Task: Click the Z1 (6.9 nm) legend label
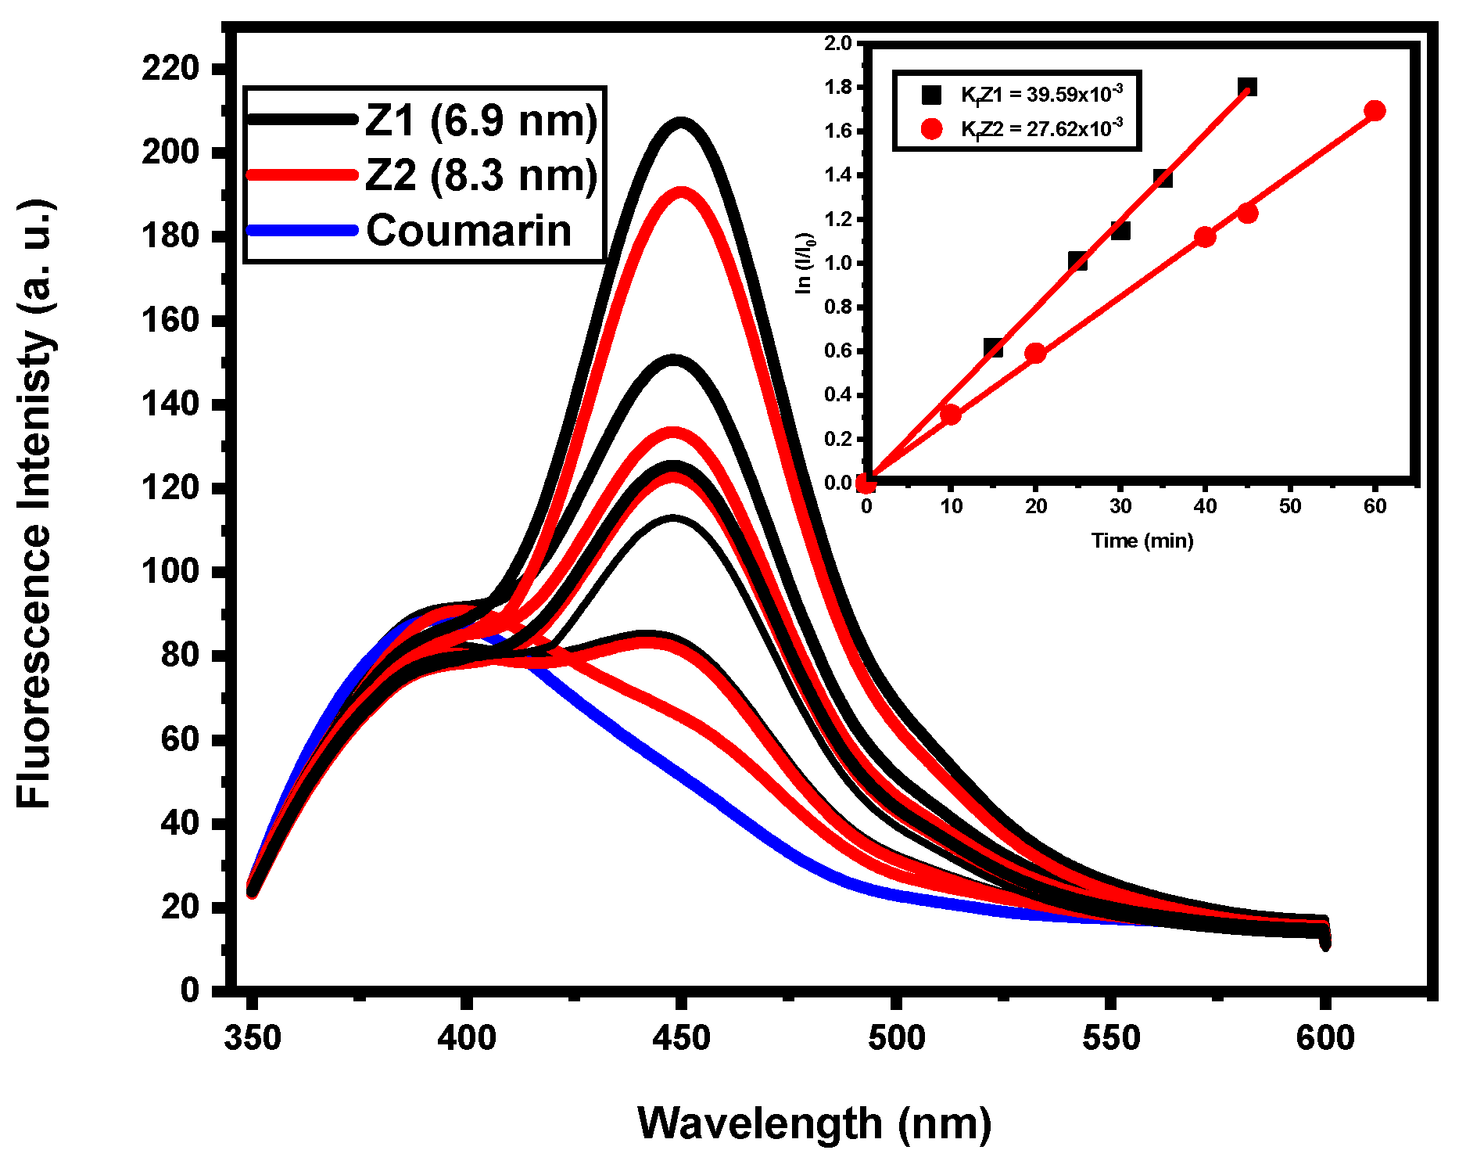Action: [x=481, y=121]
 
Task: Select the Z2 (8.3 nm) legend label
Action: [x=481, y=175]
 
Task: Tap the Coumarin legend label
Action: [x=468, y=231]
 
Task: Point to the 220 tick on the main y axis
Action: [x=170, y=69]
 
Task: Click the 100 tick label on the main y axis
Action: [x=170, y=572]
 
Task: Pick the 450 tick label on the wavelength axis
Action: [x=681, y=1039]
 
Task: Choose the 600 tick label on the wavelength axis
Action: [x=1324, y=1039]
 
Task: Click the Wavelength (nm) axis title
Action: [x=814, y=1123]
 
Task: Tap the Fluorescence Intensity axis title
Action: [x=34, y=504]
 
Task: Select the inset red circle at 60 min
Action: [x=1375, y=111]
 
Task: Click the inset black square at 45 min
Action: [x=1247, y=87]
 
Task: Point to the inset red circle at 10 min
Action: [x=951, y=415]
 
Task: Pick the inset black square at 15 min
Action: [x=993, y=348]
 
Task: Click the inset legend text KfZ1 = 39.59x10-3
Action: [x=1041, y=95]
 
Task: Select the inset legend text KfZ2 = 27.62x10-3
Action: [x=1041, y=129]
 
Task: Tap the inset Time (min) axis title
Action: [x=1142, y=541]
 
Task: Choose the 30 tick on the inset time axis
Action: [x=1120, y=507]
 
